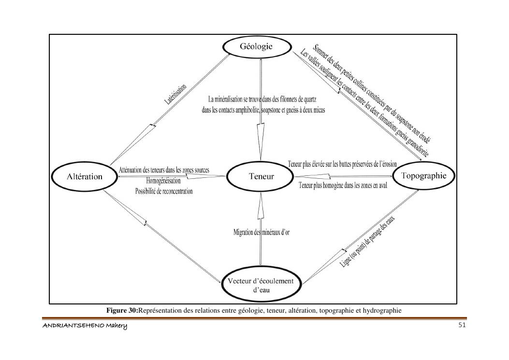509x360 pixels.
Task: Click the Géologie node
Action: point(257,47)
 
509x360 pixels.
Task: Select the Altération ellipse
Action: point(84,176)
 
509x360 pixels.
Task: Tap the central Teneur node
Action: point(261,176)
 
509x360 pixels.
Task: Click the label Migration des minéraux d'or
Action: point(262,232)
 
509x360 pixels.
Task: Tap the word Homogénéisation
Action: point(163,181)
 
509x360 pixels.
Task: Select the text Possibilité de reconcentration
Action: point(163,191)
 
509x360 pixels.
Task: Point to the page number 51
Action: point(462,325)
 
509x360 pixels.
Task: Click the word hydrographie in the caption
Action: point(382,310)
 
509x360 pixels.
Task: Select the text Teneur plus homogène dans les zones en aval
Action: point(343,185)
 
